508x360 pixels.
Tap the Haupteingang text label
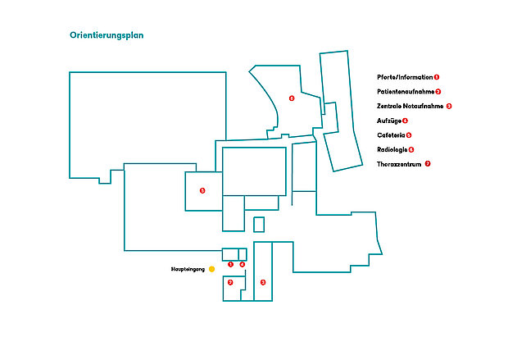[188, 269]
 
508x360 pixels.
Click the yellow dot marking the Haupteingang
[211, 269]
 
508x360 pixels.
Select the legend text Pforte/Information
[405, 76]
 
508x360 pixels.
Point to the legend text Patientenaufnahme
[406, 91]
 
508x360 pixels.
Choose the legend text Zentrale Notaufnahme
[410, 106]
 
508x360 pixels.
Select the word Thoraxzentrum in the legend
[399, 164]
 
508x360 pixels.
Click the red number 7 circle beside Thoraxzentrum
[428, 164]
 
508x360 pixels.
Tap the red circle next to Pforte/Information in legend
[437, 76]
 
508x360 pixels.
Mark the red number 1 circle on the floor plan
[231, 264]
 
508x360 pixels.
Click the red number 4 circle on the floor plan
[243, 264]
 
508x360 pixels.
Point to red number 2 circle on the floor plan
[230, 282]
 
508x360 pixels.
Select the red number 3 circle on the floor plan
[263, 282]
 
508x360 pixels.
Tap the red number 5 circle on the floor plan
[202, 191]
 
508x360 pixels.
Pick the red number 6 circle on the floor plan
[291, 98]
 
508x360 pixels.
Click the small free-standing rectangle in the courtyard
[259, 224]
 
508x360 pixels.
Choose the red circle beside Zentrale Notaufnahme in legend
[449, 106]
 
